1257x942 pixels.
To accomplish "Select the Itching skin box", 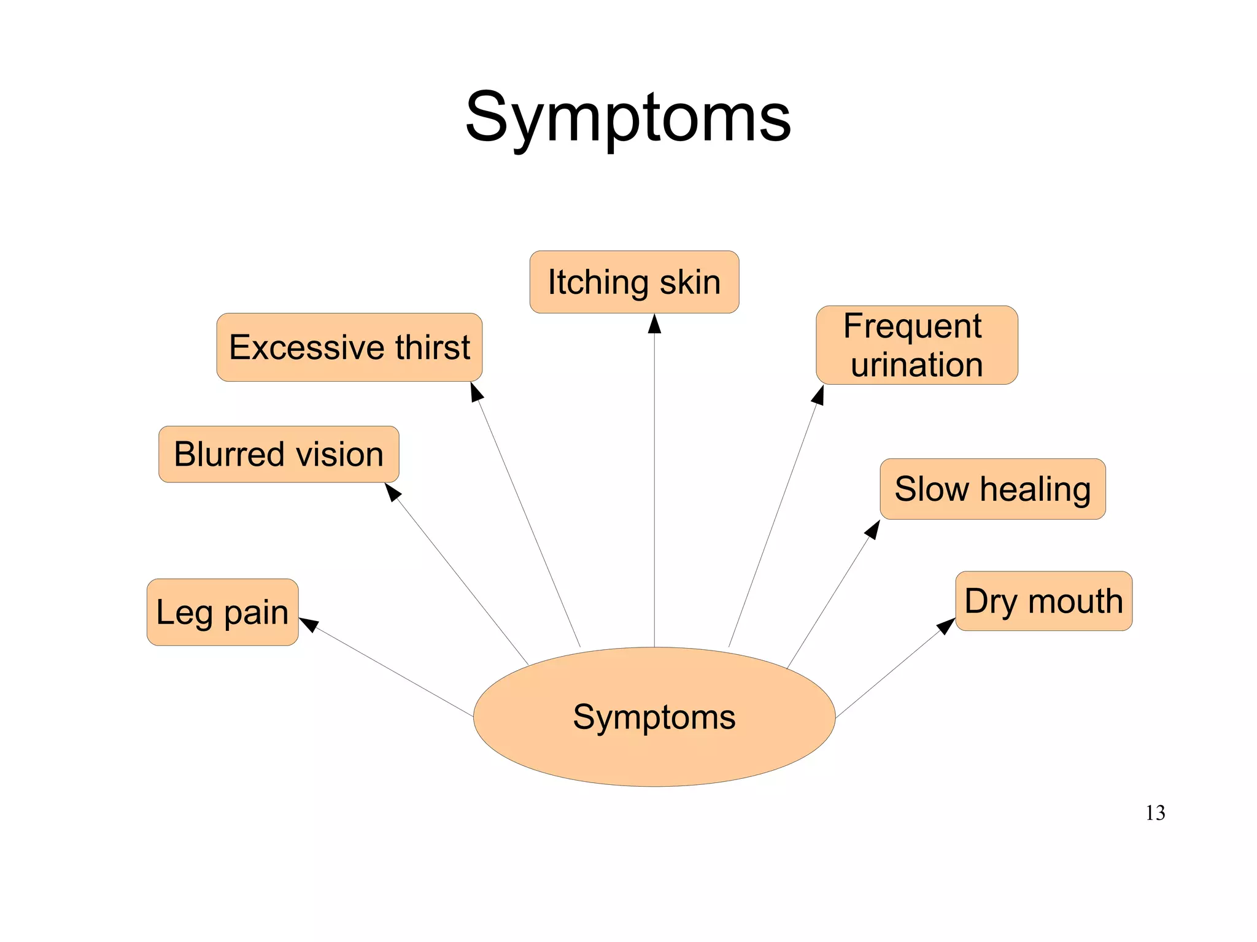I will click(x=634, y=282).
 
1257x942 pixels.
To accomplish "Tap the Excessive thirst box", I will click(x=349, y=347).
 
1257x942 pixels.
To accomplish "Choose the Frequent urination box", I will click(x=916, y=346).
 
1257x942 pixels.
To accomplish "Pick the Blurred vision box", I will click(x=279, y=454).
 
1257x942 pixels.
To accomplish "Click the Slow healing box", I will click(x=992, y=489).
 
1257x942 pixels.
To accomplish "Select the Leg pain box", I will click(x=222, y=612).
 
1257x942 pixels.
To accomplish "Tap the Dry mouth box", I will click(x=1043, y=601).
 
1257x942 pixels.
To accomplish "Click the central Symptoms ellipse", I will click(x=654, y=717).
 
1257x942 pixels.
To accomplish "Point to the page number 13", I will click(x=1155, y=813).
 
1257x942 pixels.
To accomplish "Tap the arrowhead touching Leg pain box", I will click(x=309, y=624).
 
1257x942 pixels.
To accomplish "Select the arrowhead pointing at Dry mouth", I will click(x=946, y=626).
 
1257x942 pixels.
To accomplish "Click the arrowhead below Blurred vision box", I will click(x=393, y=492).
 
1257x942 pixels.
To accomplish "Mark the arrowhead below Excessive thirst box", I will click(x=476, y=392).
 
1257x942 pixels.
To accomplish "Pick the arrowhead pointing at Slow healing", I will click(x=872, y=530).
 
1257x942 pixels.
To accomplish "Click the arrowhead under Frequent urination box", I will click(x=818, y=396).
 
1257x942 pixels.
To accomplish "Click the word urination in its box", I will click(x=916, y=365).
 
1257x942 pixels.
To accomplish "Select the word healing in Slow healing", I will click(x=1035, y=489).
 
